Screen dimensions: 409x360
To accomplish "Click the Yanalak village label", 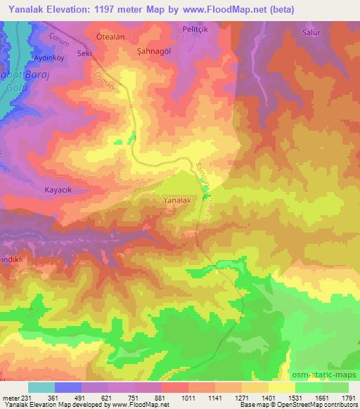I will pyautogui.click(x=176, y=200).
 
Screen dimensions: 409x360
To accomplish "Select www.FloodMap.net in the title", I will pyautogui.click(x=224, y=9).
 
